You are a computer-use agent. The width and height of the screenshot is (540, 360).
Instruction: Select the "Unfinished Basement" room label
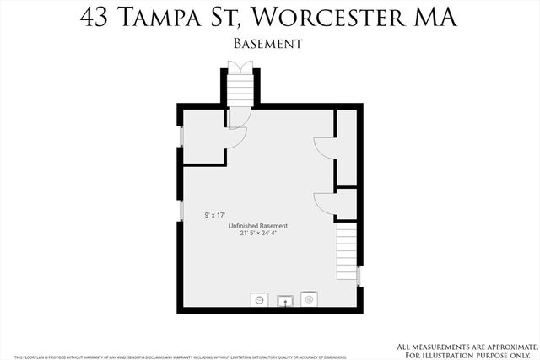pyautogui.click(x=258, y=226)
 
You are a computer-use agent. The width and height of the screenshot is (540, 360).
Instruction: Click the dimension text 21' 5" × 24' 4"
pyautogui.click(x=258, y=234)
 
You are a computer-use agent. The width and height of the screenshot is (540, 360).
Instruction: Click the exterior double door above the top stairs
pyautogui.click(x=240, y=68)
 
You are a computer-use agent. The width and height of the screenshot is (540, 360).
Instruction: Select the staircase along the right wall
pyautogui.click(x=347, y=249)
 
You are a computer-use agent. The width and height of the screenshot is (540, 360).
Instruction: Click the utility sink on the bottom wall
pyautogui.click(x=285, y=298)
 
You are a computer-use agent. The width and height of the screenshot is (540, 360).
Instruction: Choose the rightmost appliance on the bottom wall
pyautogui.click(x=309, y=298)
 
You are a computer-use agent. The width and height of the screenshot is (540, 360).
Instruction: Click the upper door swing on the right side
pyautogui.click(x=324, y=148)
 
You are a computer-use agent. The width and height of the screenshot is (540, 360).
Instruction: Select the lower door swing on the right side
pyautogui.click(x=324, y=202)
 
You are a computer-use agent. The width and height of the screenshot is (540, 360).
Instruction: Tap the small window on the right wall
pyautogui.click(x=359, y=275)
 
